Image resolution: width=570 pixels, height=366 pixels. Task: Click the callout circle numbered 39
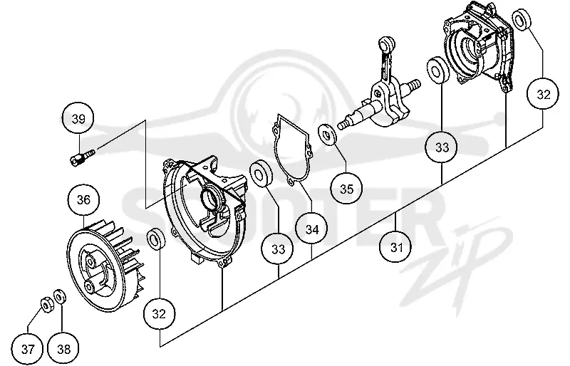tap(78, 119)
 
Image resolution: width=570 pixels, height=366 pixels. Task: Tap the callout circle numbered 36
tap(83, 199)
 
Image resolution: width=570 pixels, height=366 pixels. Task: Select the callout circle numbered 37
tap(28, 350)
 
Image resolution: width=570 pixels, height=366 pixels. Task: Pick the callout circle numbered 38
tap(63, 350)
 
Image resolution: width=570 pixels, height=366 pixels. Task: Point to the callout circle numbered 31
tap(396, 247)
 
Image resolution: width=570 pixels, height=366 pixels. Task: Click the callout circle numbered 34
tap(312, 229)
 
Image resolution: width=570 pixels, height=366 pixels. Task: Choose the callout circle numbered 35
tap(346, 189)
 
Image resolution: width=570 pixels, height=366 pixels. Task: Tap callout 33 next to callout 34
tap(279, 249)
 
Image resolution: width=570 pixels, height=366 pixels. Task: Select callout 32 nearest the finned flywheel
tap(159, 313)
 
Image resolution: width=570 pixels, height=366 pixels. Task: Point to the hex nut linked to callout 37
tap(46, 305)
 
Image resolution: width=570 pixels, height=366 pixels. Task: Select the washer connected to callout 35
tap(328, 134)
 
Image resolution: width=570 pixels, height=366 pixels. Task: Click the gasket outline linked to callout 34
tap(292, 149)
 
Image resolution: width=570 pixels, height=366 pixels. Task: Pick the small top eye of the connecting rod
tap(386, 43)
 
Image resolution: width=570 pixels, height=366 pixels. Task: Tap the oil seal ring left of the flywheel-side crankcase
tap(155, 239)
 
